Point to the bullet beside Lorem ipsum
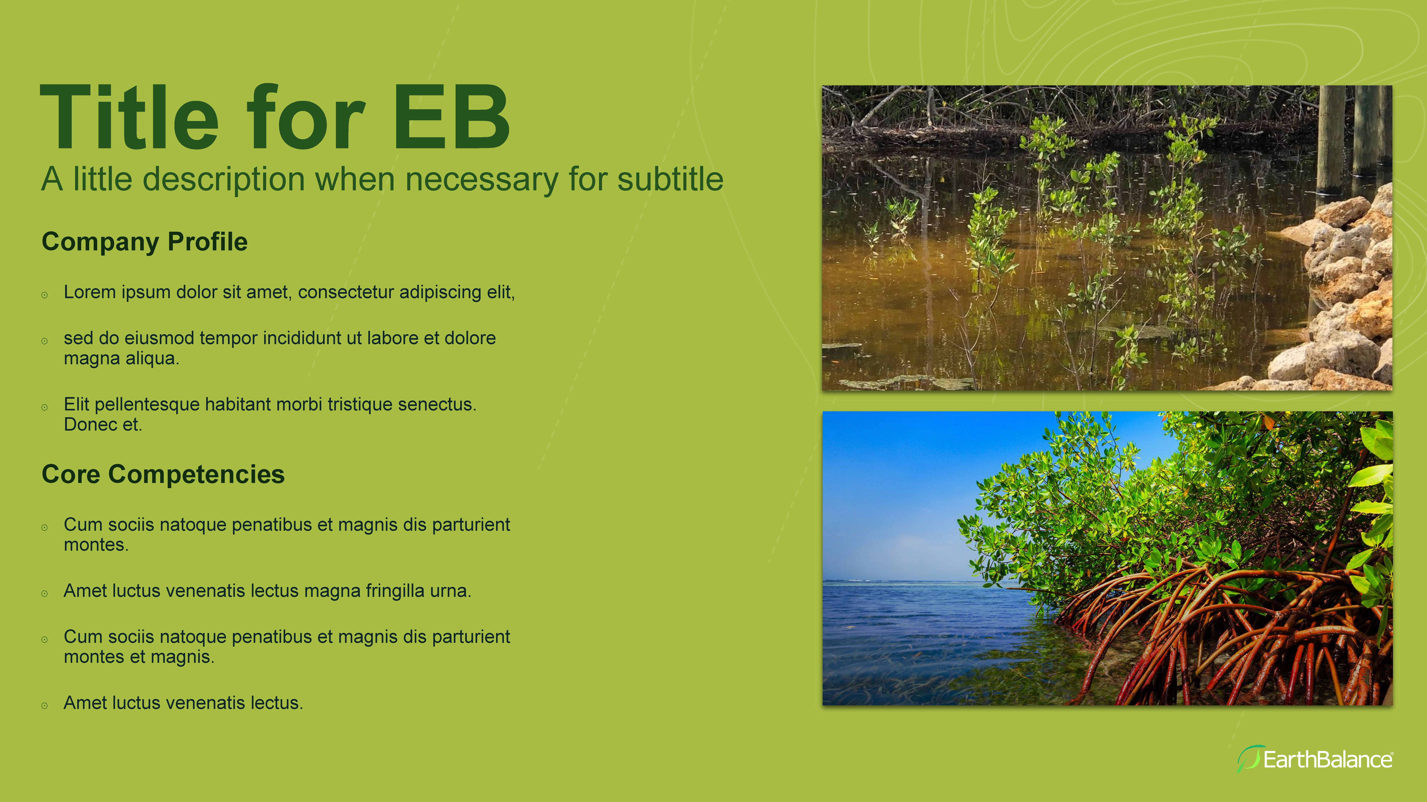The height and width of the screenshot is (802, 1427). pos(44,295)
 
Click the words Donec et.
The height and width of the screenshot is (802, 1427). pos(103,425)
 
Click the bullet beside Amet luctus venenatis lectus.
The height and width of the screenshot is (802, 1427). pos(44,706)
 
